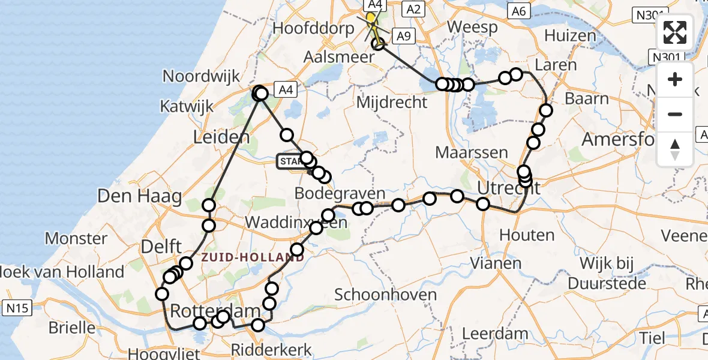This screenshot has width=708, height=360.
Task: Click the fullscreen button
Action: pyautogui.click(x=675, y=32)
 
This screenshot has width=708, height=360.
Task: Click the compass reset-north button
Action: pyautogui.click(x=675, y=149)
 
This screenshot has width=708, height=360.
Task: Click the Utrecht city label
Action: pyautogui.click(x=508, y=188)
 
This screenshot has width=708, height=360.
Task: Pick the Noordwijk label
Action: pyautogui.click(x=202, y=77)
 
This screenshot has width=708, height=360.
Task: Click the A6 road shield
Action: pyautogui.click(x=518, y=10)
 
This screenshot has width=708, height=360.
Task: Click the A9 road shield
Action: pyautogui.click(x=402, y=36)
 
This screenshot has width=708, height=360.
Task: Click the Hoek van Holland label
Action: pyautogui.click(x=62, y=272)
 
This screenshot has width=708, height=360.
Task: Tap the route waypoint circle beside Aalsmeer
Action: pyautogui.click(x=378, y=44)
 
